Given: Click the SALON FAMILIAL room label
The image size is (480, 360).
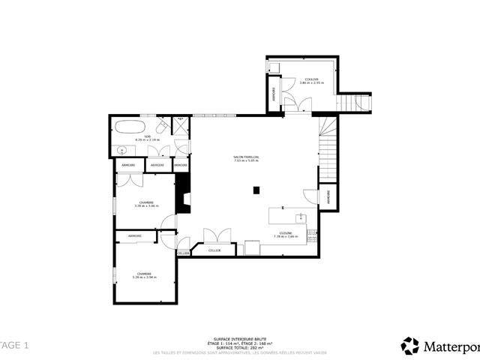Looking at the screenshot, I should [246, 157].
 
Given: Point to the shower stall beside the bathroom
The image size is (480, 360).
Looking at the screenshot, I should [181, 125].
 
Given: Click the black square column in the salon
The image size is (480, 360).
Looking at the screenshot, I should [256, 190].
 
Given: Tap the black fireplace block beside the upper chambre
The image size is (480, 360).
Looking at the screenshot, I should [181, 195].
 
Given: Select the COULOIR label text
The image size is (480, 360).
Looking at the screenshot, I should [310, 79].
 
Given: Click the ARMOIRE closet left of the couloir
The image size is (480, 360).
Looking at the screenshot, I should [274, 96].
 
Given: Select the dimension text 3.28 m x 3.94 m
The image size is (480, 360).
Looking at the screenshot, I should [142, 277].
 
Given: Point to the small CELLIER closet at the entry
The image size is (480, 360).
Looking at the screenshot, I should [183, 253].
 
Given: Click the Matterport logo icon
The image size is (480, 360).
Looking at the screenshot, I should [410, 346].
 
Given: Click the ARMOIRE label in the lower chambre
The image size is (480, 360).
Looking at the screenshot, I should [135, 236].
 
